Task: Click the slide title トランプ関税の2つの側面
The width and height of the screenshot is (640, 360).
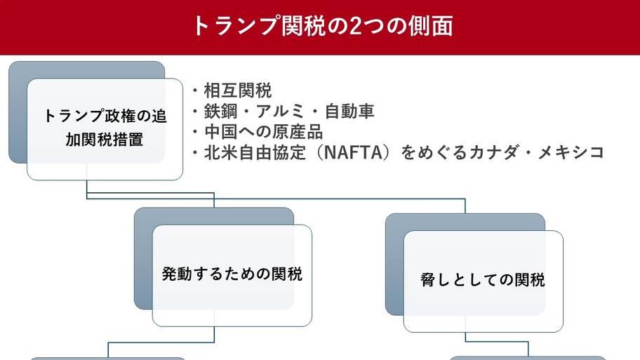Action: pyautogui.click(x=322, y=26)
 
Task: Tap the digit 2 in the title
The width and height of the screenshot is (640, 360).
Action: pyautogui.click(x=356, y=26)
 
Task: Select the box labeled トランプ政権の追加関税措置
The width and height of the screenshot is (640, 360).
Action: pyautogui.click(x=105, y=129)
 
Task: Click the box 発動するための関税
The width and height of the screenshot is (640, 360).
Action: pyautogui.click(x=232, y=276)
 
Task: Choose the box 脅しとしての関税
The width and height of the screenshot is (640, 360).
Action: pyautogui.click(x=484, y=281)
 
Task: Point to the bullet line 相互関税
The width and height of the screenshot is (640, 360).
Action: pyautogui.click(x=232, y=91)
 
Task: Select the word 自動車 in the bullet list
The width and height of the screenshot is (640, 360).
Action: pyautogui.click(x=349, y=112)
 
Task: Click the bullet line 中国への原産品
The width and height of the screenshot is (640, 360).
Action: pyautogui.click(x=258, y=132)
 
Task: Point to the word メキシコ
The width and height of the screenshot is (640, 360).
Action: pyautogui.click(x=571, y=152)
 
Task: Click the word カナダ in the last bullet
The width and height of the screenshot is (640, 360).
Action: pyautogui.click(x=493, y=152)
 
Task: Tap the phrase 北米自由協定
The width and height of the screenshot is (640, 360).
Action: pyautogui.click(x=255, y=152)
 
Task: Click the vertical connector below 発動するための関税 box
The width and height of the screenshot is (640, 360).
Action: pyautogui.click(x=214, y=334)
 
